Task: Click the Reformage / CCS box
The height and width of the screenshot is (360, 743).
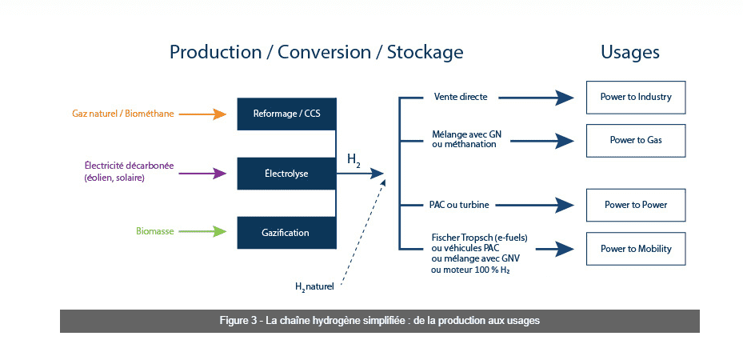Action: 286,114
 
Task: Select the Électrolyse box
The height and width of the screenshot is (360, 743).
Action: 286,173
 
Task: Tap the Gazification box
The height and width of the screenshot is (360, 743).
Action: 286,232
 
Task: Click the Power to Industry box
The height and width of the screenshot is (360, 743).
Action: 636,97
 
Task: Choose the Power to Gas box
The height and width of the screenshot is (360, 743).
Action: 636,140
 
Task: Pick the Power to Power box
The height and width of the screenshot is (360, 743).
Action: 636,205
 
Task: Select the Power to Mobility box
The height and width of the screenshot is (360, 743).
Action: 636,249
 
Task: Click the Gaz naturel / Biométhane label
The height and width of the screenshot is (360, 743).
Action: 123,114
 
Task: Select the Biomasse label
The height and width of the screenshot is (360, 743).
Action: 154,232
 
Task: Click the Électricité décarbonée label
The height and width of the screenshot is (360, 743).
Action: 129,166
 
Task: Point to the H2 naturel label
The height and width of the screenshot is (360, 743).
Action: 314,286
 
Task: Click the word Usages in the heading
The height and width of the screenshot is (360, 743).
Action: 630,52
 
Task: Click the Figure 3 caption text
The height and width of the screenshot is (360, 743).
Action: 379,321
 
